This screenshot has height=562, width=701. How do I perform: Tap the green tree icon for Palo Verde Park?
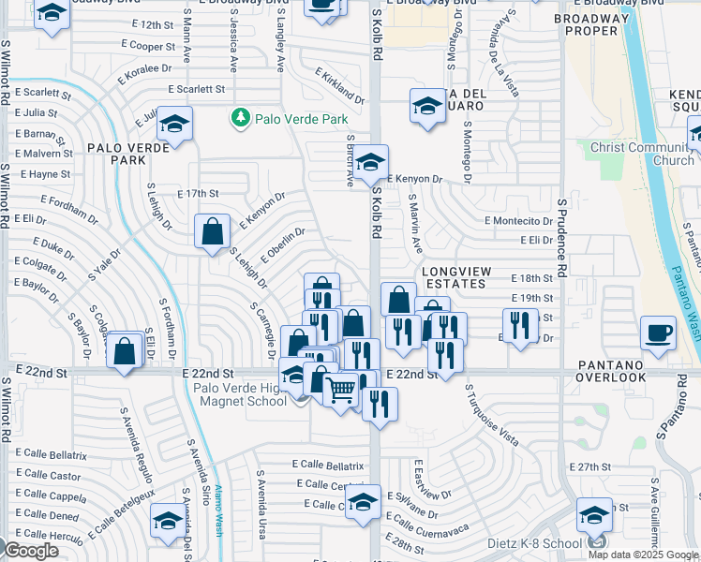coord(241,118)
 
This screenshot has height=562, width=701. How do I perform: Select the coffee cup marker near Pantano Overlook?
coord(658,333)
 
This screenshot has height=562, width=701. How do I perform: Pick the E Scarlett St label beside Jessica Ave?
coord(197,89)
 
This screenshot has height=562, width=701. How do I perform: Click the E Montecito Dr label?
coord(518,221)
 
